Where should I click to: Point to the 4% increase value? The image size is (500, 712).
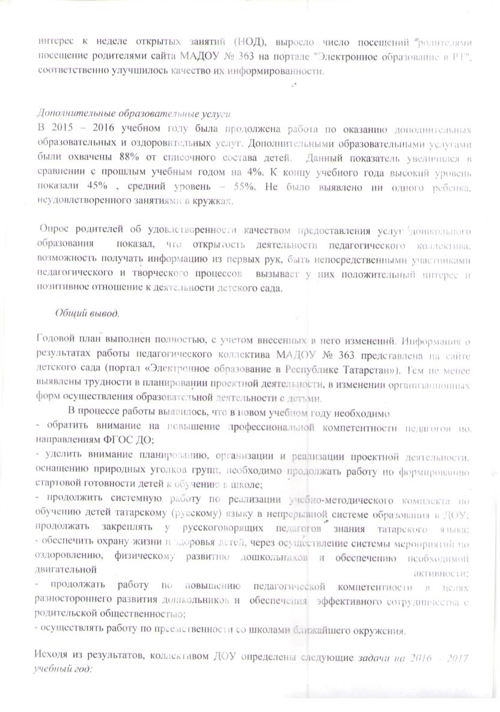251,173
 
